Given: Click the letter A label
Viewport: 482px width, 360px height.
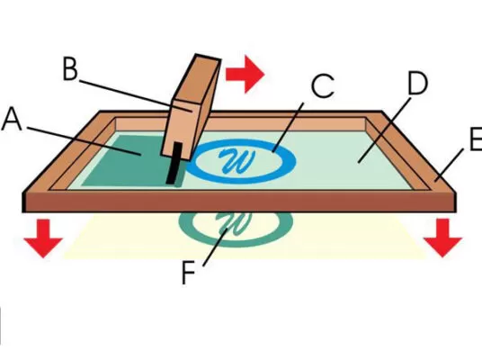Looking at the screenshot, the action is (x=12, y=119).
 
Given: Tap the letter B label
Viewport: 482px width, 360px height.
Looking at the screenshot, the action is (x=70, y=69).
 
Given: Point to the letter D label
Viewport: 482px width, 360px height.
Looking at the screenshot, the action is (x=418, y=83).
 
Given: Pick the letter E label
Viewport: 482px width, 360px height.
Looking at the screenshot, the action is (x=477, y=139).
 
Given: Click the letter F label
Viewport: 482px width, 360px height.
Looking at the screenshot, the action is (x=189, y=273).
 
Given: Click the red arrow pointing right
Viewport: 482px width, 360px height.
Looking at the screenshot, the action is (x=245, y=74).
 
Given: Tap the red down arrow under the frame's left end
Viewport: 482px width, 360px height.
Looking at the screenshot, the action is (x=43, y=238).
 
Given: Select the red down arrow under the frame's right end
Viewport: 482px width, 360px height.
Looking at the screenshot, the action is (x=442, y=238).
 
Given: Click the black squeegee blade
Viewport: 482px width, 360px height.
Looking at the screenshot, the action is (x=174, y=163).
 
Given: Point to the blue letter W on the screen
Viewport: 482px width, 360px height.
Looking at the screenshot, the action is (x=237, y=160).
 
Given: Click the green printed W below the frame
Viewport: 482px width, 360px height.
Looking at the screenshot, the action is (x=236, y=223).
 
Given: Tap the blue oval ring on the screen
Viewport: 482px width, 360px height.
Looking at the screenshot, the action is (x=241, y=178).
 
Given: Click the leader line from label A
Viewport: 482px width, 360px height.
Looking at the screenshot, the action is (x=85, y=141).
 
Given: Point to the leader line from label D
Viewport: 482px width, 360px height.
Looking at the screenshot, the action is (x=385, y=130).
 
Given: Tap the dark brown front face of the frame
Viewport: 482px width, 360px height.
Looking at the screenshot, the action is (x=240, y=202).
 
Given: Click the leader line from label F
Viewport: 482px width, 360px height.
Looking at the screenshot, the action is (x=215, y=247).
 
